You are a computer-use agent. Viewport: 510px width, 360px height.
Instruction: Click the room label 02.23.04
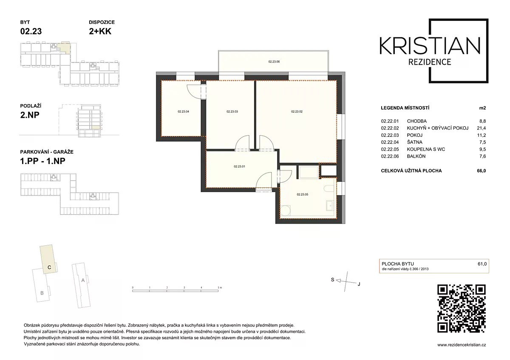(183, 112)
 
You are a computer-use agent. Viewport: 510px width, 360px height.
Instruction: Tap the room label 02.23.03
(232, 112)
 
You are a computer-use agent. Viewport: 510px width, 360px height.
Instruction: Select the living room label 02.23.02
(297, 112)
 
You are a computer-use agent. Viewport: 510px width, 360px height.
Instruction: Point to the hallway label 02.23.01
(239, 167)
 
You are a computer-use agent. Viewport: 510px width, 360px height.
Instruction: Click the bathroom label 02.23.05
(302, 195)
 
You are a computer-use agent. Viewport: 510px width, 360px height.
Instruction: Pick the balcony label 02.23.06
(274, 62)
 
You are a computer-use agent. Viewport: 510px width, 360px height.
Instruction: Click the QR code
(462, 308)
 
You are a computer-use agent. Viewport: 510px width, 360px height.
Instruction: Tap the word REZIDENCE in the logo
(430, 62)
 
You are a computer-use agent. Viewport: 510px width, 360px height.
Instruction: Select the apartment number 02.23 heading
(31, 31)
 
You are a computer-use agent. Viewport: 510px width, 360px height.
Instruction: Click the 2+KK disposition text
(100, 31)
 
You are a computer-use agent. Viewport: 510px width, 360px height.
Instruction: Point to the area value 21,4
(481, 128)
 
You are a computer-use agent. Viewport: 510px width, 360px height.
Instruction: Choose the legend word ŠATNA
(415, 142)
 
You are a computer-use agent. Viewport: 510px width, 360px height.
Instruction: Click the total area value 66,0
(481, 171)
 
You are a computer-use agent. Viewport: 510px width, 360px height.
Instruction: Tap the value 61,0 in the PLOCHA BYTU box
(482, 264)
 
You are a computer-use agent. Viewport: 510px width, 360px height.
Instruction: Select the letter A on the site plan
(83, 280)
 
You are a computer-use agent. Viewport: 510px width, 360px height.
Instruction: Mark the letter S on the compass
(333, 280)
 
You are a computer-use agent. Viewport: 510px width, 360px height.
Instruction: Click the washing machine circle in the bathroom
(285, 210)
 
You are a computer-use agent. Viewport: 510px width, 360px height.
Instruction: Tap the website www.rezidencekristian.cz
(462, 345)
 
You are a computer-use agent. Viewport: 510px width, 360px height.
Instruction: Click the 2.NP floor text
(30, 115)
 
